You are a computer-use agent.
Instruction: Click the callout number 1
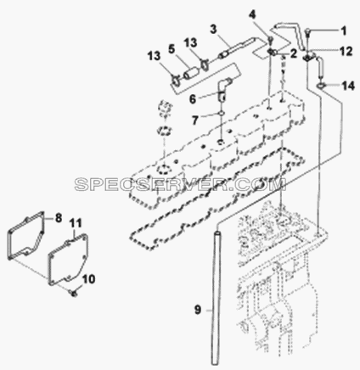click(343, 31)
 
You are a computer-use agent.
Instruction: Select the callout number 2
click(292, 53)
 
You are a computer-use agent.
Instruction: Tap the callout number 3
click(213, 29)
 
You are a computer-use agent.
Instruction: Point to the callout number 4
click(254, 14)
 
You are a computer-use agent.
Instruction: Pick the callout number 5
click(172, 49)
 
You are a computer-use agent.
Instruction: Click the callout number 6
click(193, 99)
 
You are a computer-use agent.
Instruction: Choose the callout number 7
click(194, 121)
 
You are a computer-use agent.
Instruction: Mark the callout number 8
click(59, 218)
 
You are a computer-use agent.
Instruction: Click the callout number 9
click(198, 310)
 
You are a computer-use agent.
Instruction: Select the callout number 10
click(88, 279)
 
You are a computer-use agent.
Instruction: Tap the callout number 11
click(76, 223)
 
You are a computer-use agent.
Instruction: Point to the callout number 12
click(346, 51)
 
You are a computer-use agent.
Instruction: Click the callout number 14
click(348, 86)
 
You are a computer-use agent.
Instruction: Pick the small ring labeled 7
click(221, 114)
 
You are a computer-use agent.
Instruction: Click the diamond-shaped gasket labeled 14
click(320, 85)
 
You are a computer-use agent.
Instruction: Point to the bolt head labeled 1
click(308, 32)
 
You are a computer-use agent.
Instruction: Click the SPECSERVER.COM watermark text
click(180, 184)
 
